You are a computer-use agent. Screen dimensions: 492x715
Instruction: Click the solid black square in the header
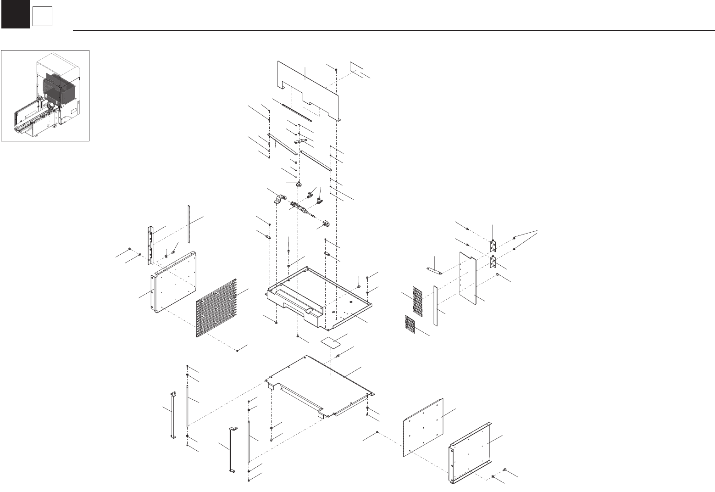pos(16,15)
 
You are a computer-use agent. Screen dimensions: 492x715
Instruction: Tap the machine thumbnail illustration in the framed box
pos(45,95)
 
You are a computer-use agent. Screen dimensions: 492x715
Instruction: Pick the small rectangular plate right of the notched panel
pos(356,68)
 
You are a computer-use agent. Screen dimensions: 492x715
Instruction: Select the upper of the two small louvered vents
pos(417,299)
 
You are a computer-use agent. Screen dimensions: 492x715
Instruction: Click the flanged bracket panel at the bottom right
pos(470,452)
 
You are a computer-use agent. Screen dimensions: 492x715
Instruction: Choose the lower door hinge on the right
pos(493,262)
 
